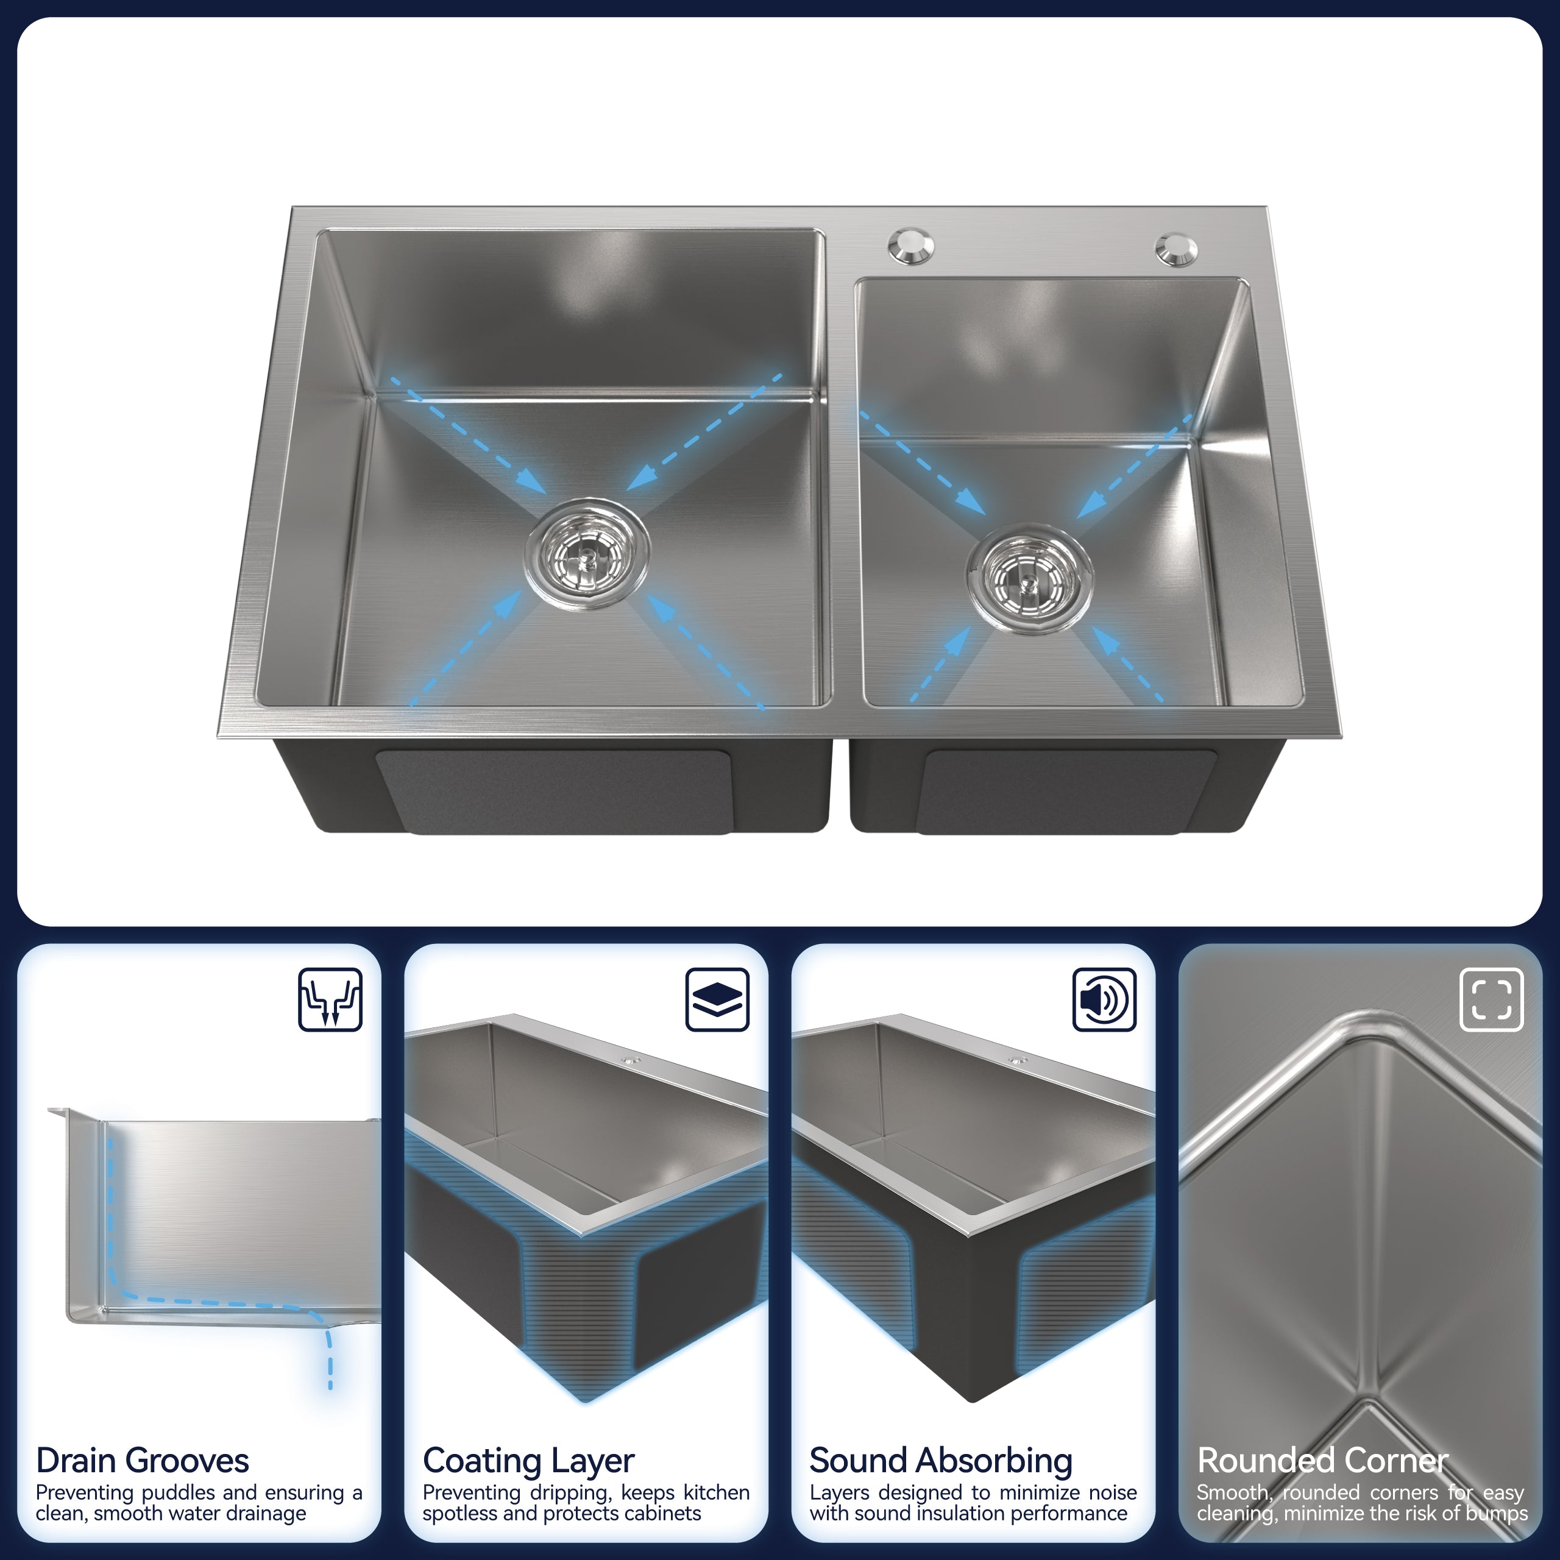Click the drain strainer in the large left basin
587,553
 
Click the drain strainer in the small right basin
1029,578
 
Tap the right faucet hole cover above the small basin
1177,249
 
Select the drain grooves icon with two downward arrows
330,999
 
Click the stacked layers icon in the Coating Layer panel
717,999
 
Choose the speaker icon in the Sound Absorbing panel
1104,999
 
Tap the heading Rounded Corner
1322,1461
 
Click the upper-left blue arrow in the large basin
469,435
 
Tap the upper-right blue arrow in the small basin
1135,467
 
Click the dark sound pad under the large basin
555,792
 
